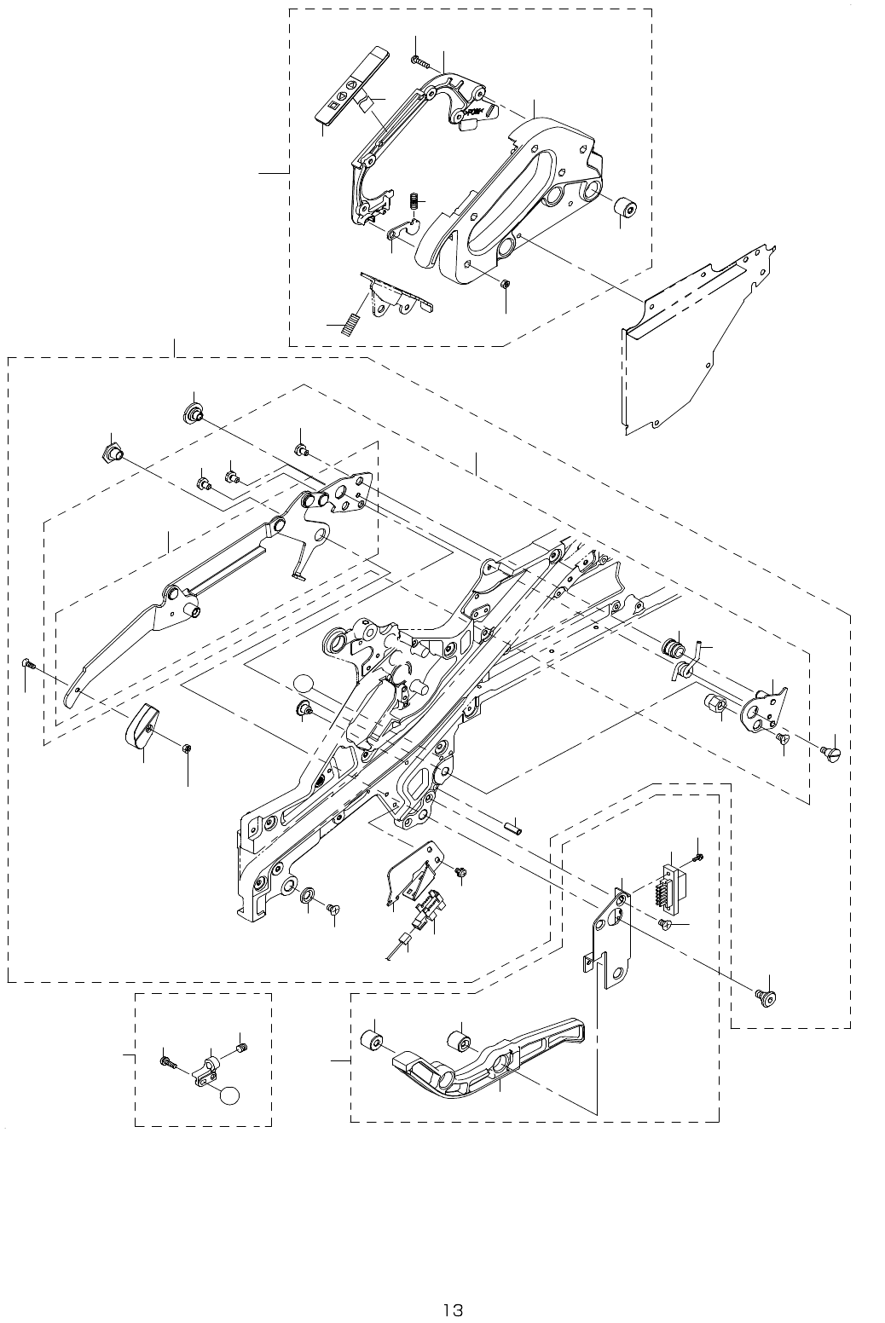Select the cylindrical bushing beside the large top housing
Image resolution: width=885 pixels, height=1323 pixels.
click(x=625, y=207)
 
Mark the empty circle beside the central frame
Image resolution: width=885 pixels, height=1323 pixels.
click(x=304, y=685)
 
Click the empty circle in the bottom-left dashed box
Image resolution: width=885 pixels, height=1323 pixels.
click(x=230, y=1096)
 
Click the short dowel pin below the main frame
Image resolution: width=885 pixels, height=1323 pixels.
click(x=512, y=825)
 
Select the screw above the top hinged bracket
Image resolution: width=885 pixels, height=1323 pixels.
click(x=416, y=60)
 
